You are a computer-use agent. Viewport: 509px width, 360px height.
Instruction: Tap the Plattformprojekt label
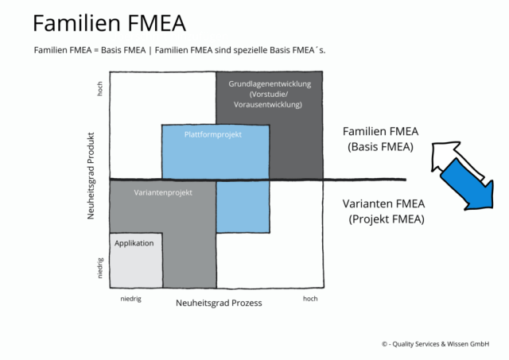point(212,134)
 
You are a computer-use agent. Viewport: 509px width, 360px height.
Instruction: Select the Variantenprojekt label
point(164,193)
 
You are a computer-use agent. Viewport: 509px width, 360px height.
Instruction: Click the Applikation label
point(134,243)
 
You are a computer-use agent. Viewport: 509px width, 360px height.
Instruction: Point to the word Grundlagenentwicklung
point(269,83)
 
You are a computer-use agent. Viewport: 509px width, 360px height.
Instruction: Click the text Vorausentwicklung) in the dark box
point(268,105)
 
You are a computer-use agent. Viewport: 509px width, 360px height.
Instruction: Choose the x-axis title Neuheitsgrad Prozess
point(219,303)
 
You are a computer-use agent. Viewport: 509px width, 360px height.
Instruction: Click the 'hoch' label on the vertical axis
point(100,89)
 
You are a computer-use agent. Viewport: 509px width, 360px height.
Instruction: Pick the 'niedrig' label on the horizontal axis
point(131,299)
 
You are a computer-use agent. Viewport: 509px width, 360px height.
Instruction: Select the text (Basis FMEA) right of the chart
point(380,147)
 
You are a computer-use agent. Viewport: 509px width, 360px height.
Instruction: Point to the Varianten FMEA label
point(384,203)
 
